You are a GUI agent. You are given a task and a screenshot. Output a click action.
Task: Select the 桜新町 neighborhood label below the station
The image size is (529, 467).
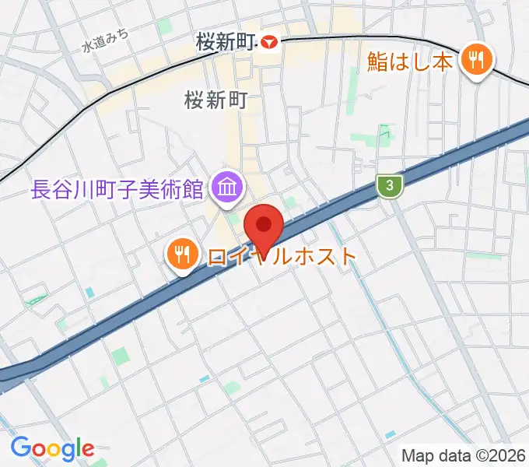tap(215, 100)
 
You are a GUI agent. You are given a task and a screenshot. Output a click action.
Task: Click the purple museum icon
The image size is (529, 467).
tap(229, 188)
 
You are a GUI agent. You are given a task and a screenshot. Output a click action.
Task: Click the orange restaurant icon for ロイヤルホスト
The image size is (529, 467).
tap(181, 254)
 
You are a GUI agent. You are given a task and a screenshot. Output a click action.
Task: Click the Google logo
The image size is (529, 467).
tap(52, 448)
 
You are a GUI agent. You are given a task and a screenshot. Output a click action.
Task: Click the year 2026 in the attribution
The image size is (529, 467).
tap(507, 455)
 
